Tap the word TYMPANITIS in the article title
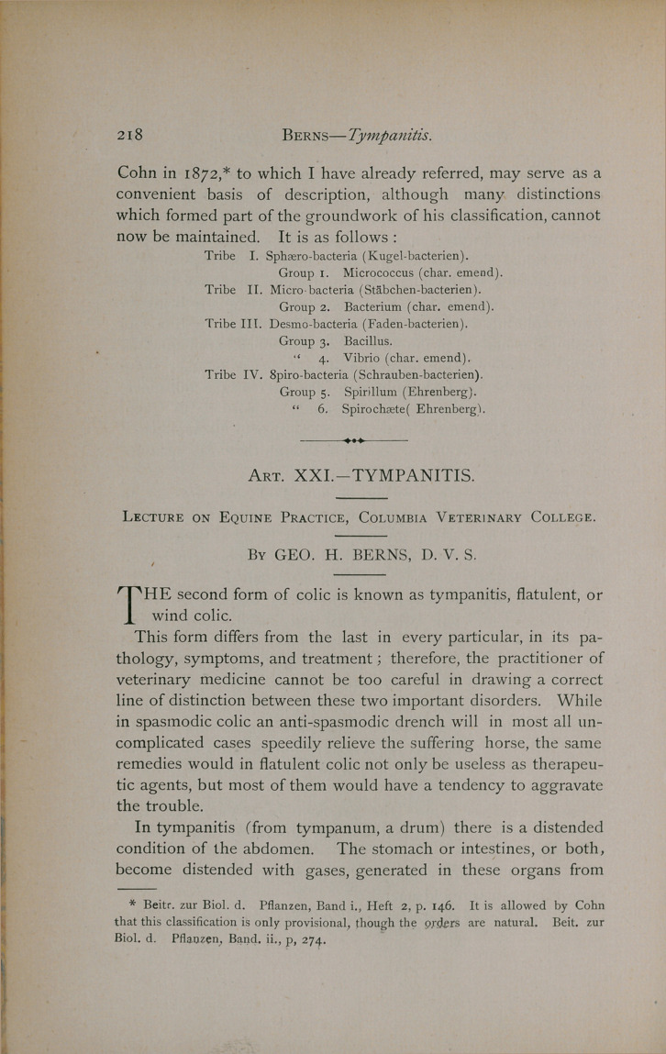(x=408, y=475)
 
